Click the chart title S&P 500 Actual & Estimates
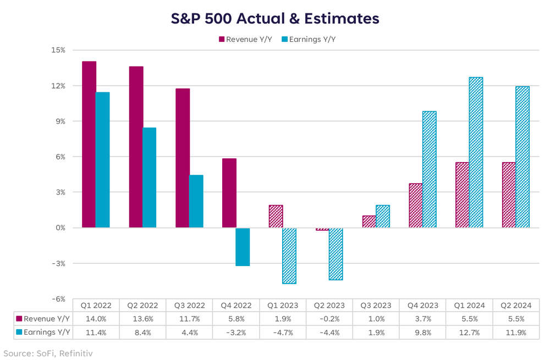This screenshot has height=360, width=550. click(x=274, y=19)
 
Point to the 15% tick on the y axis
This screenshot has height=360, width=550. click(x=58, y=50)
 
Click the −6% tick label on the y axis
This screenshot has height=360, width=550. click(x=57, y=299)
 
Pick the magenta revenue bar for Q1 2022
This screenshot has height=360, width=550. click(x=89, y=145)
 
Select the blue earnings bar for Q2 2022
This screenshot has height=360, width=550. click(x=150, y=178)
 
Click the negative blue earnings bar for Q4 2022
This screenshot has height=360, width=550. click(x=243, y=247)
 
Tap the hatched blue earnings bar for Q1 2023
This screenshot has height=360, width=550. click(x=289, y=256)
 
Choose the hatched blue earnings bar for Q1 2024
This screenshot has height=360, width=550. click(x=476, y=152)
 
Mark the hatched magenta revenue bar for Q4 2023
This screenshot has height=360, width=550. click(x=415, y=206)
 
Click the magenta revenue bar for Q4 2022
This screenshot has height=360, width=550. click(x=229, y=193)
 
